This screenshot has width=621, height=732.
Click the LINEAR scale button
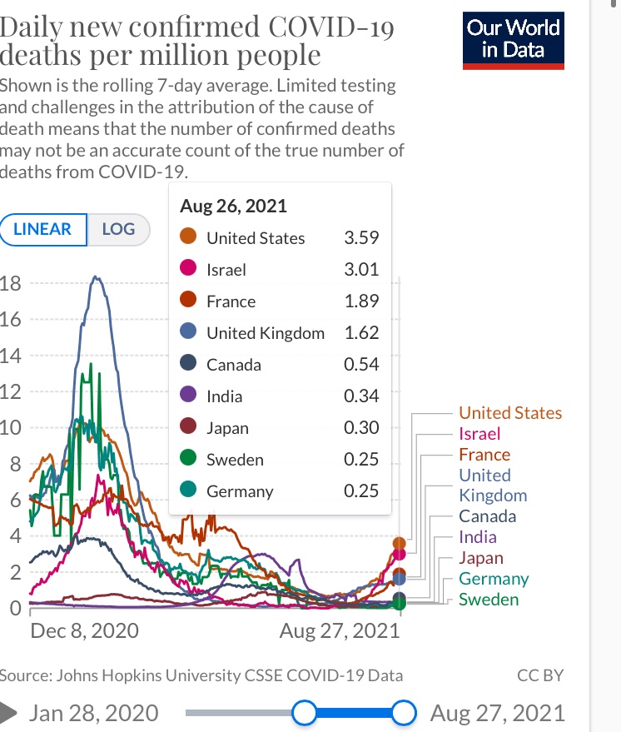pyautogui.click(x=42, y=229)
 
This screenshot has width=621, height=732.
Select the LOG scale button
pyautogui.click(x=118, y=229)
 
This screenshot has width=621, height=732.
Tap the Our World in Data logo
pyautogui.click(x=514, y=39)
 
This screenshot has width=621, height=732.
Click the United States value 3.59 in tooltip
pyautogui.click(x=361, y=238)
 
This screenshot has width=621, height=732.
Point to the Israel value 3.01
pyautogui.click(x=361, y=270)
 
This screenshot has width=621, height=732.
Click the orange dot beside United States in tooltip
pyautogui.click(x=188, y=238)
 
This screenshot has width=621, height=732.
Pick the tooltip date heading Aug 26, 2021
pyautogui.click(x=234, y=206)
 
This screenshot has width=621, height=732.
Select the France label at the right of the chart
pyautogui.click(x=484, y=455)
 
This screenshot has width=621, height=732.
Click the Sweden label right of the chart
pyautogui.click(x=489, y=600)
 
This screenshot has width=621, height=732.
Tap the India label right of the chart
pyautogui.click(x=478, y=537)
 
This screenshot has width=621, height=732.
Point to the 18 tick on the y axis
pyautogui.click(x=11, y=282)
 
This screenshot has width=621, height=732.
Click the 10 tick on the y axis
pyautogui.click(x=11, y=428)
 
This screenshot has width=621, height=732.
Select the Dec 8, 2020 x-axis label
pyautogui.click(x=84, y=630)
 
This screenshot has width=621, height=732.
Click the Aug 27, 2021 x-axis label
pyautogui.click(x=340, y=630)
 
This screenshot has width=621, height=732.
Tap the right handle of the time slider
pyautogui.click(x=404, y=713)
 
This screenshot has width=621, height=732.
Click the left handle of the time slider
pyautogui.click(x=305, y=713)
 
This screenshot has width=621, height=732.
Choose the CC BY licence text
pyautogui.click(x=540, y=675)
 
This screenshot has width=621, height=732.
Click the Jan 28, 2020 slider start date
pyautogui.click(x=93, y=713)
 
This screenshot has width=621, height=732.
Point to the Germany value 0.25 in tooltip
pyautogui.click(x=361, y=491)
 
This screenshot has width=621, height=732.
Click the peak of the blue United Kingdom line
pyautogui.click(x=97, y=277)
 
